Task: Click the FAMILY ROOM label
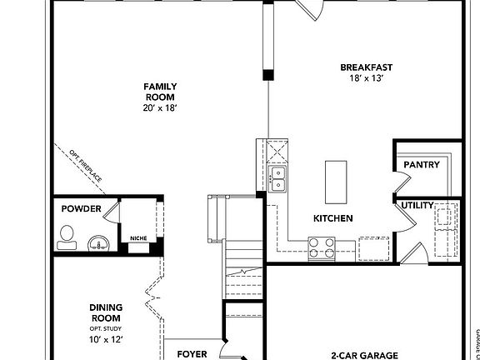(160, 92)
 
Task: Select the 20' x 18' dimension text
(160, 107)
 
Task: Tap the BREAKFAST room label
(366, 67)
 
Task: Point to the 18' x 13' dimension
(366, 78)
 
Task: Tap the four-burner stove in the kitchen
(322, 247)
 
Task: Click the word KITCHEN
(332, 218)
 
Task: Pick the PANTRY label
(421, 165)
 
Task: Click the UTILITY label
(417, 205)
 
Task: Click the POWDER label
(81, 209)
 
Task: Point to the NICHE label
(138, 238)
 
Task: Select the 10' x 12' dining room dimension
(106, 338)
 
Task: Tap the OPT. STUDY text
(106, 327)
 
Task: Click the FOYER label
(192, 354)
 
